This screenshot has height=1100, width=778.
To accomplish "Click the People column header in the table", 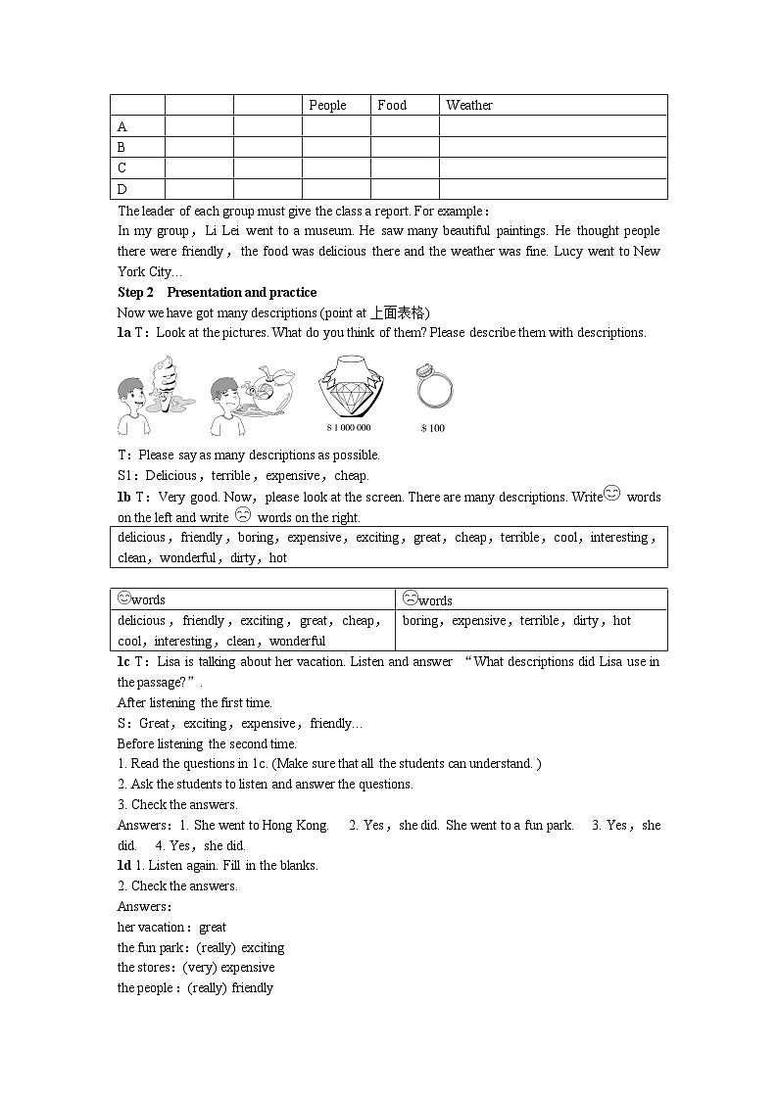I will point(327,106).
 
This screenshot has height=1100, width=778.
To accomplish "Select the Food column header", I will point(392,106).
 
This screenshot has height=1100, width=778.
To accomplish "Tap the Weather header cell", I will point(469,106).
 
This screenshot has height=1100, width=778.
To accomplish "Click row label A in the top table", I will point(122,127).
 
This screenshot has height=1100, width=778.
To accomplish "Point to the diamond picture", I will point(349,387).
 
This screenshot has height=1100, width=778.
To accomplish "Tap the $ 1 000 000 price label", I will point(349,428).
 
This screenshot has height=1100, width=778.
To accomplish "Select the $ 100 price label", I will point(432,428).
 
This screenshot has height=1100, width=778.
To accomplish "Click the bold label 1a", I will point(124,333).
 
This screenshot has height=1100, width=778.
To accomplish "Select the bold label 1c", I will point(124,662).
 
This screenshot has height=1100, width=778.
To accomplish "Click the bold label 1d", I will point(124,866).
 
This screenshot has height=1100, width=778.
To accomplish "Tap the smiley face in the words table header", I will point(124,598).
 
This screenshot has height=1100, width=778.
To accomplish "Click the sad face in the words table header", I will point(411,598).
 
